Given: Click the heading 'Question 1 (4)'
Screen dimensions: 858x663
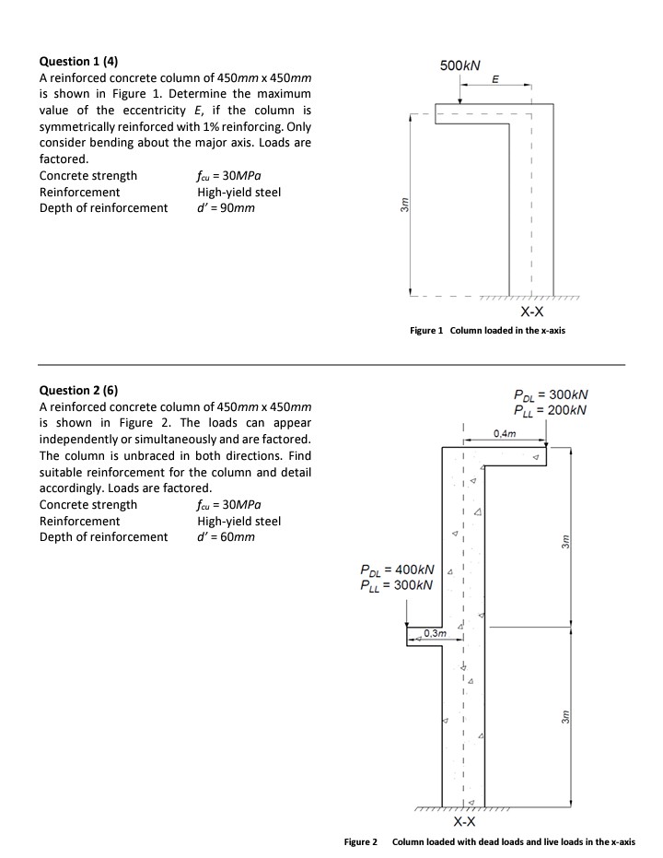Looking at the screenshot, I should tap(79, 62).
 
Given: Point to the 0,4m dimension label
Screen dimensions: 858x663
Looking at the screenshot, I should tap(506, 433).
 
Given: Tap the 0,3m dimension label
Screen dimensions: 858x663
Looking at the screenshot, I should tap(435, 631).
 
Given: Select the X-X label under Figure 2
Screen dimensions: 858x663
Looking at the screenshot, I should tap(466, 822).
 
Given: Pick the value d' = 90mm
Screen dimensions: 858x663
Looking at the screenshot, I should tap(226, 207).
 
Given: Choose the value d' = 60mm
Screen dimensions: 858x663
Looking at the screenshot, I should tap(226, 536).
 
